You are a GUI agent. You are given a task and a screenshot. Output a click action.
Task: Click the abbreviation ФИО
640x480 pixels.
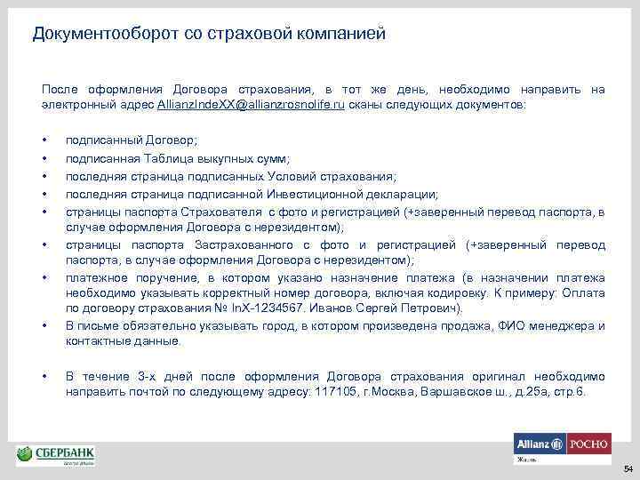point(488,326)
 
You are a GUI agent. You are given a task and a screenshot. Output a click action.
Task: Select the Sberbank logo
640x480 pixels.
point(56,455)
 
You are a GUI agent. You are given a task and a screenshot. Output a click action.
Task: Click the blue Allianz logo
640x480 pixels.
point(539,444)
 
